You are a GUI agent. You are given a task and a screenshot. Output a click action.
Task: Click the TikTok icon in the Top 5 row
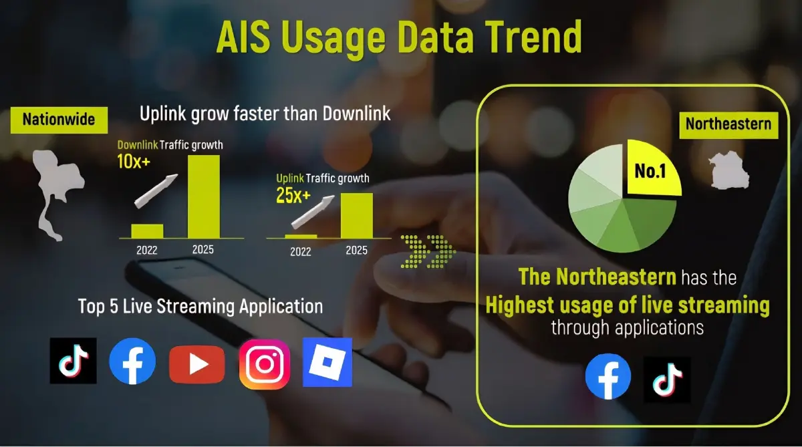[x=73, y=361]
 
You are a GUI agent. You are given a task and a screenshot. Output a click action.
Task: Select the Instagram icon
[x=265, y=364]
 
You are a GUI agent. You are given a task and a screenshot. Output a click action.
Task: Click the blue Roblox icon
[x=327, y=362]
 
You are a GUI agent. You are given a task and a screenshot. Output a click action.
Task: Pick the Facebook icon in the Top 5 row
[x=132, y=361]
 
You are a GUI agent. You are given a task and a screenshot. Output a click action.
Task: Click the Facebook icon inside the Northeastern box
[x=608, y=376]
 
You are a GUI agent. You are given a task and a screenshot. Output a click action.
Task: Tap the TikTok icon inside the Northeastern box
[x=667, y=380]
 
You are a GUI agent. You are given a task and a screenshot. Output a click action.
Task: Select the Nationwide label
[x=59, y=120]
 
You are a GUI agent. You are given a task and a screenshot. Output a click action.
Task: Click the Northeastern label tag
[x=728, y=124]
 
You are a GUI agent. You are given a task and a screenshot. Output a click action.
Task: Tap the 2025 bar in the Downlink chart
[x=203, y=196]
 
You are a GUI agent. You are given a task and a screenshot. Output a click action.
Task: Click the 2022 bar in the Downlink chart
[x=147, y=231]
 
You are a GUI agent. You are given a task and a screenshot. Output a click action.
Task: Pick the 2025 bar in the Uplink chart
[x=356, y=214]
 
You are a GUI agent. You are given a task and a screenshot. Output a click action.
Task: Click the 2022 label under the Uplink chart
[x=300, y=252]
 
